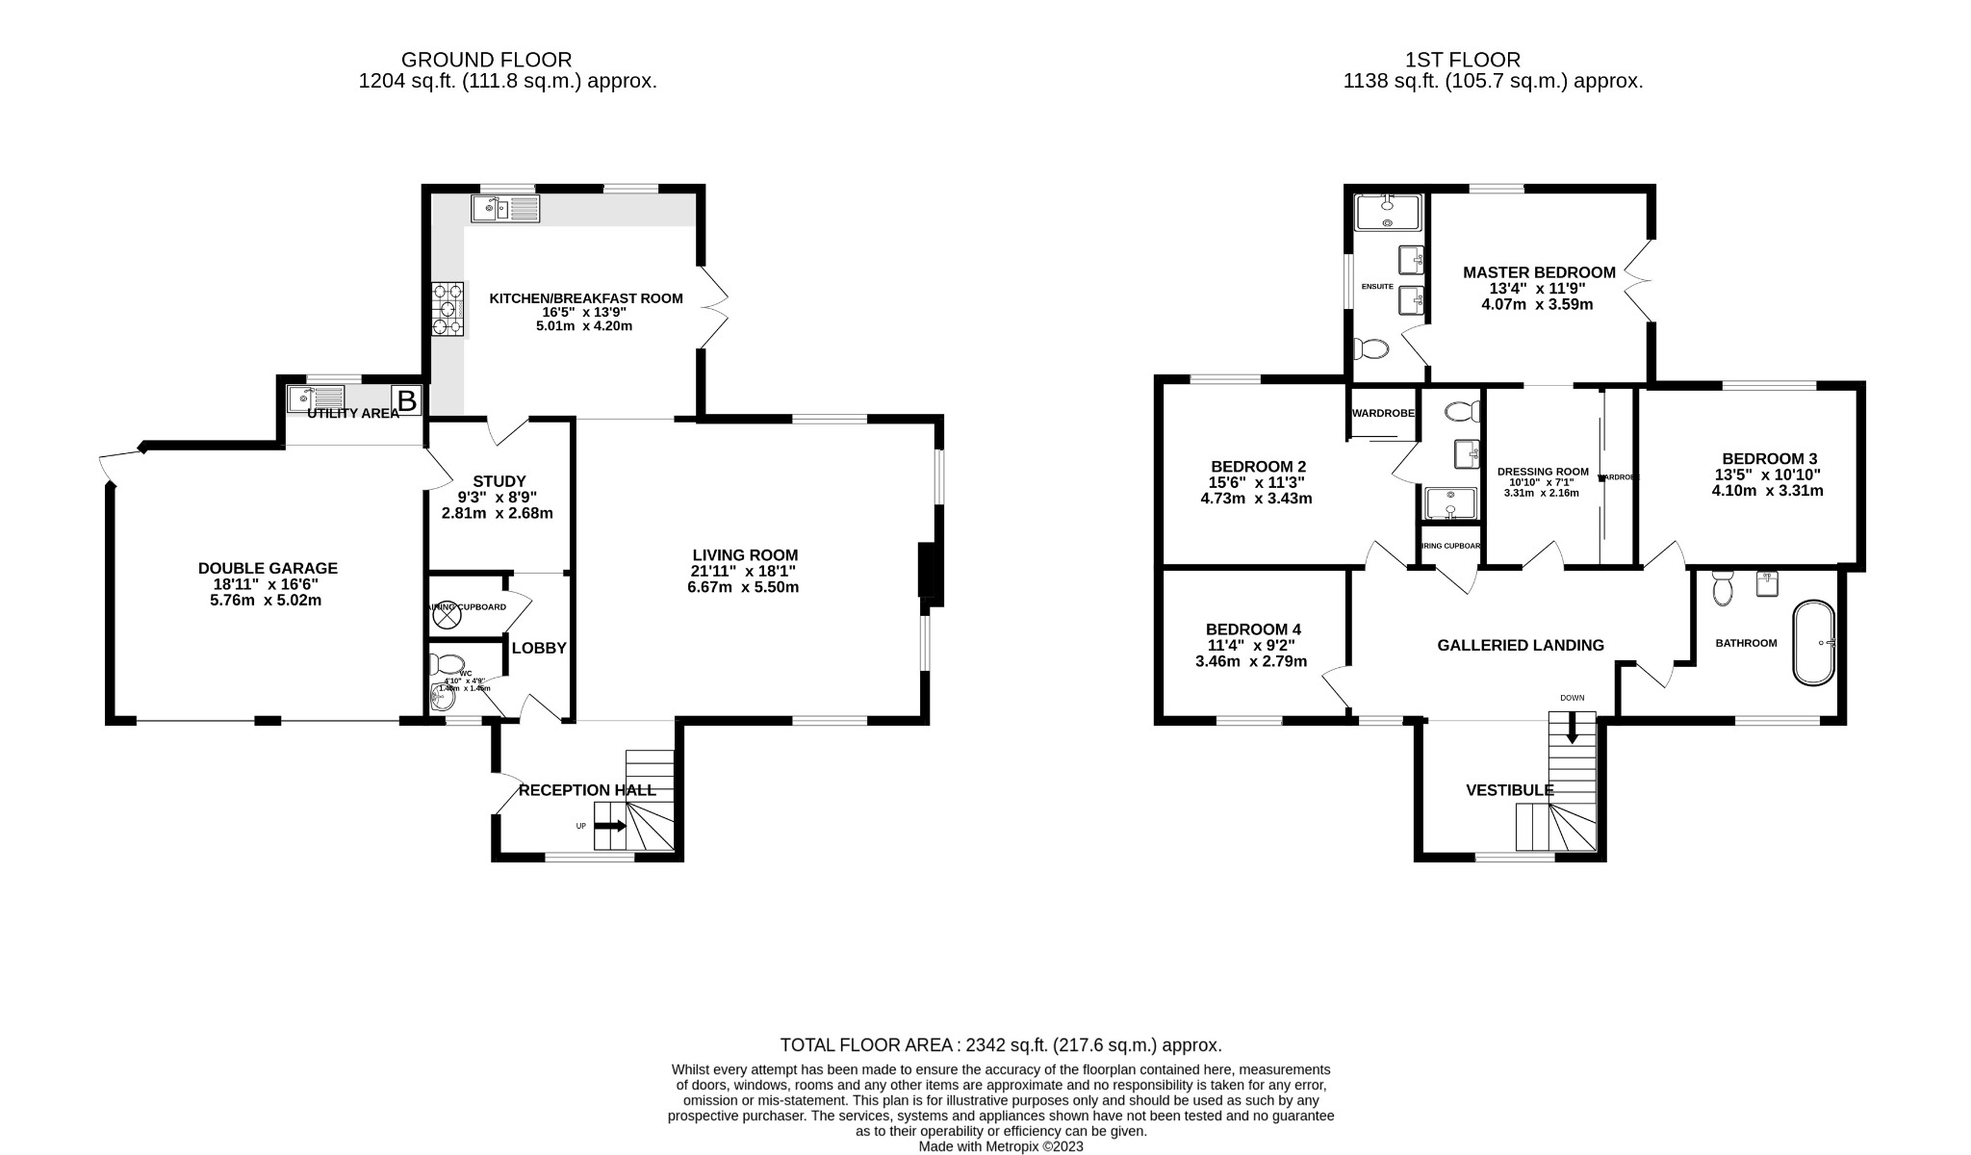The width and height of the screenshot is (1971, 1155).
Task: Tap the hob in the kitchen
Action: pos(448,308)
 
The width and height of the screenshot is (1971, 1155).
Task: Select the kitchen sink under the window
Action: pos(506,207)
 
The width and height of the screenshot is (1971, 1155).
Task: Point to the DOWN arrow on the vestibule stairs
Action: pos(1572,728)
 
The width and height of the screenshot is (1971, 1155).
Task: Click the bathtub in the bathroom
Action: pos(1814,643)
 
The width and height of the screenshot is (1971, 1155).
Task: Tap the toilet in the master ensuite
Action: pos(1370,348)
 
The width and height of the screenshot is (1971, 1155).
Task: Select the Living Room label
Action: pos(745,555)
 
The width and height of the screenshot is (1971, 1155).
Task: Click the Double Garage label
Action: pos(268,569)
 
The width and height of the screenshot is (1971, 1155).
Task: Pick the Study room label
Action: pos(499,481)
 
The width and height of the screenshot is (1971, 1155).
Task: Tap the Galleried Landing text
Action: pos(1521,645)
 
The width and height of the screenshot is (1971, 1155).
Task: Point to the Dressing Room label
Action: pos(1543,472)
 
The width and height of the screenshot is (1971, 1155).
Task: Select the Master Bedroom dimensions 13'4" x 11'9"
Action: pos(1537,289)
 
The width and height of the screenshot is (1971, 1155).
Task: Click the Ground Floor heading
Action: pos(486,60)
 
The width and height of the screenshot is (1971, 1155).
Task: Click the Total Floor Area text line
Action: pos(1000,1045)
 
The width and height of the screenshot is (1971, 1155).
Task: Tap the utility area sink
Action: pos(316,396)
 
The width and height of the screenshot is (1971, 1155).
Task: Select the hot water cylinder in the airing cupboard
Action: pos(448,618)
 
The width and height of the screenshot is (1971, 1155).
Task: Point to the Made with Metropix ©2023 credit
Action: pos(1001,1146)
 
